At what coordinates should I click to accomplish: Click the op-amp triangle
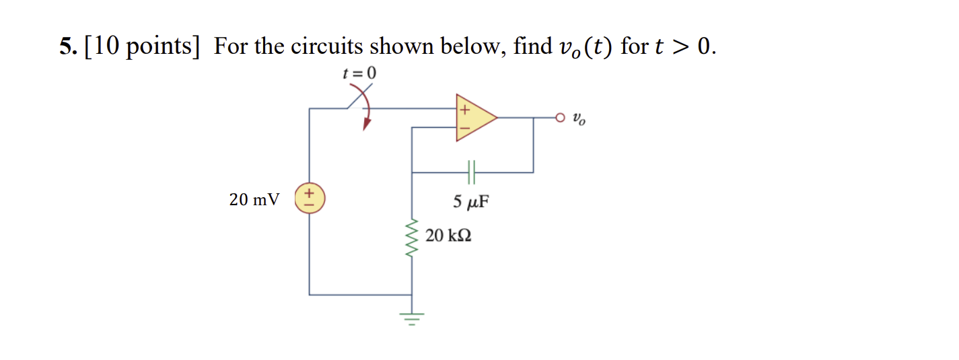474,118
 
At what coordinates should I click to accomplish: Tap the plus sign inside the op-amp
464,108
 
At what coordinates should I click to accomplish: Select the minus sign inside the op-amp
464,127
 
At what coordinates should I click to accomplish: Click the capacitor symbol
471,172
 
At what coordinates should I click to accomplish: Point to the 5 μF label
470,201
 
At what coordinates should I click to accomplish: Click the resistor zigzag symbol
412,238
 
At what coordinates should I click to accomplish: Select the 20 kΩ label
448,236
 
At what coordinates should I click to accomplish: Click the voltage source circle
310,200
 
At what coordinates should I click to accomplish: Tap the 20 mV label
254,200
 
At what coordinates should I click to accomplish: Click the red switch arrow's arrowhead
367,125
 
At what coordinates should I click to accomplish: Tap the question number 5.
65,46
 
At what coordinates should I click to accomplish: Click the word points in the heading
162,48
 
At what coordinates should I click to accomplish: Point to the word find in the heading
532,46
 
